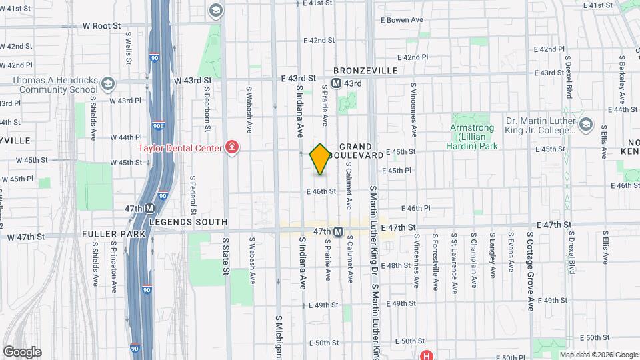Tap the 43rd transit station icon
[x=337, y=83]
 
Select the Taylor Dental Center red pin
[x=231, y=147]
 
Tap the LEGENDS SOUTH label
[x=188, y=221]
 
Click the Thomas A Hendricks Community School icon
[x=108, y=83]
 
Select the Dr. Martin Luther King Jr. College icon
[x=585, y=125]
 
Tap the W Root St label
[x=101, y=25]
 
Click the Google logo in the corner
[x=22, y=351]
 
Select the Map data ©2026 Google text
[x=598, y=354]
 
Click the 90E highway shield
[x=157, y=125]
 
